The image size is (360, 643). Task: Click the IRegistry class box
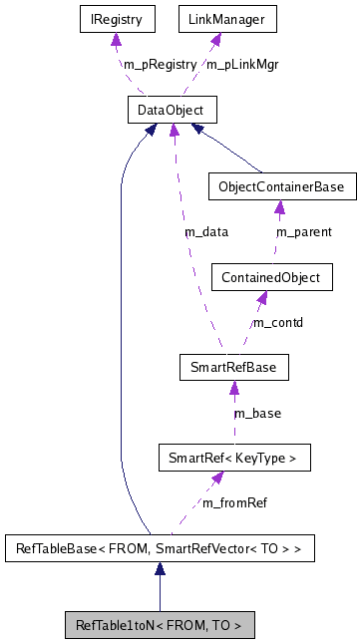[x=116, y=19]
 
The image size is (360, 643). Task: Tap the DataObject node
[x=172, y=109]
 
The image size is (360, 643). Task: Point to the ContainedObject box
[x=272, y=277]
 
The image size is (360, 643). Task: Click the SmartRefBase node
[x=232, y=367]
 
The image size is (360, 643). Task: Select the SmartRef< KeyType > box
[x=234, y=458]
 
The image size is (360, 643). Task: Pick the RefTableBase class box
[x=160, y=547]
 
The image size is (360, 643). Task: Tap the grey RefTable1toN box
[x=160, y=625]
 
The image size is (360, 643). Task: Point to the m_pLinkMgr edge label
[x=241, y=64]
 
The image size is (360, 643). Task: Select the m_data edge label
[x=206, y=232]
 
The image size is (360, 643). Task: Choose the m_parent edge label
[x=303, y=232]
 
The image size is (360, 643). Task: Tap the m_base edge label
[x=257, y=413]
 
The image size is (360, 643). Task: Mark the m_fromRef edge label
[x=234, y=502]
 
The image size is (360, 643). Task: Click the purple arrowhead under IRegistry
[x=117, y=40]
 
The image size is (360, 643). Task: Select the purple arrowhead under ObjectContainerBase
[x=279, y=208]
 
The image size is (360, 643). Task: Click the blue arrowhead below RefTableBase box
[x=160, y=569]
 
